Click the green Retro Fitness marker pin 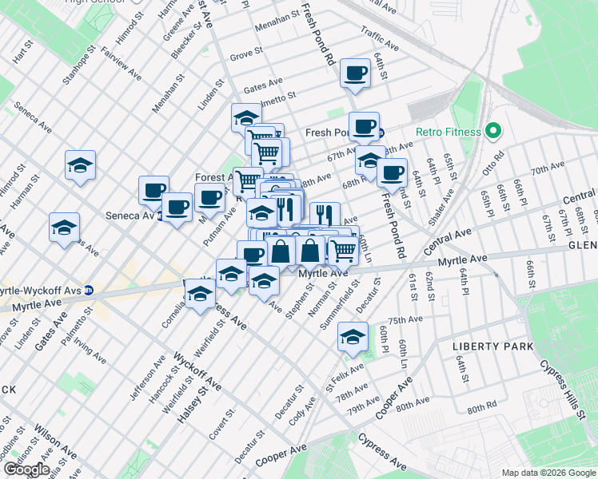tap(493, 131)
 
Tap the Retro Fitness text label tap(448, 132)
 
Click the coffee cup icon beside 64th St tap(355, 73)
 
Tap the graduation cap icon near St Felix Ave tap(352, 336)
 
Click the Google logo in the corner tap(26, 469)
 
